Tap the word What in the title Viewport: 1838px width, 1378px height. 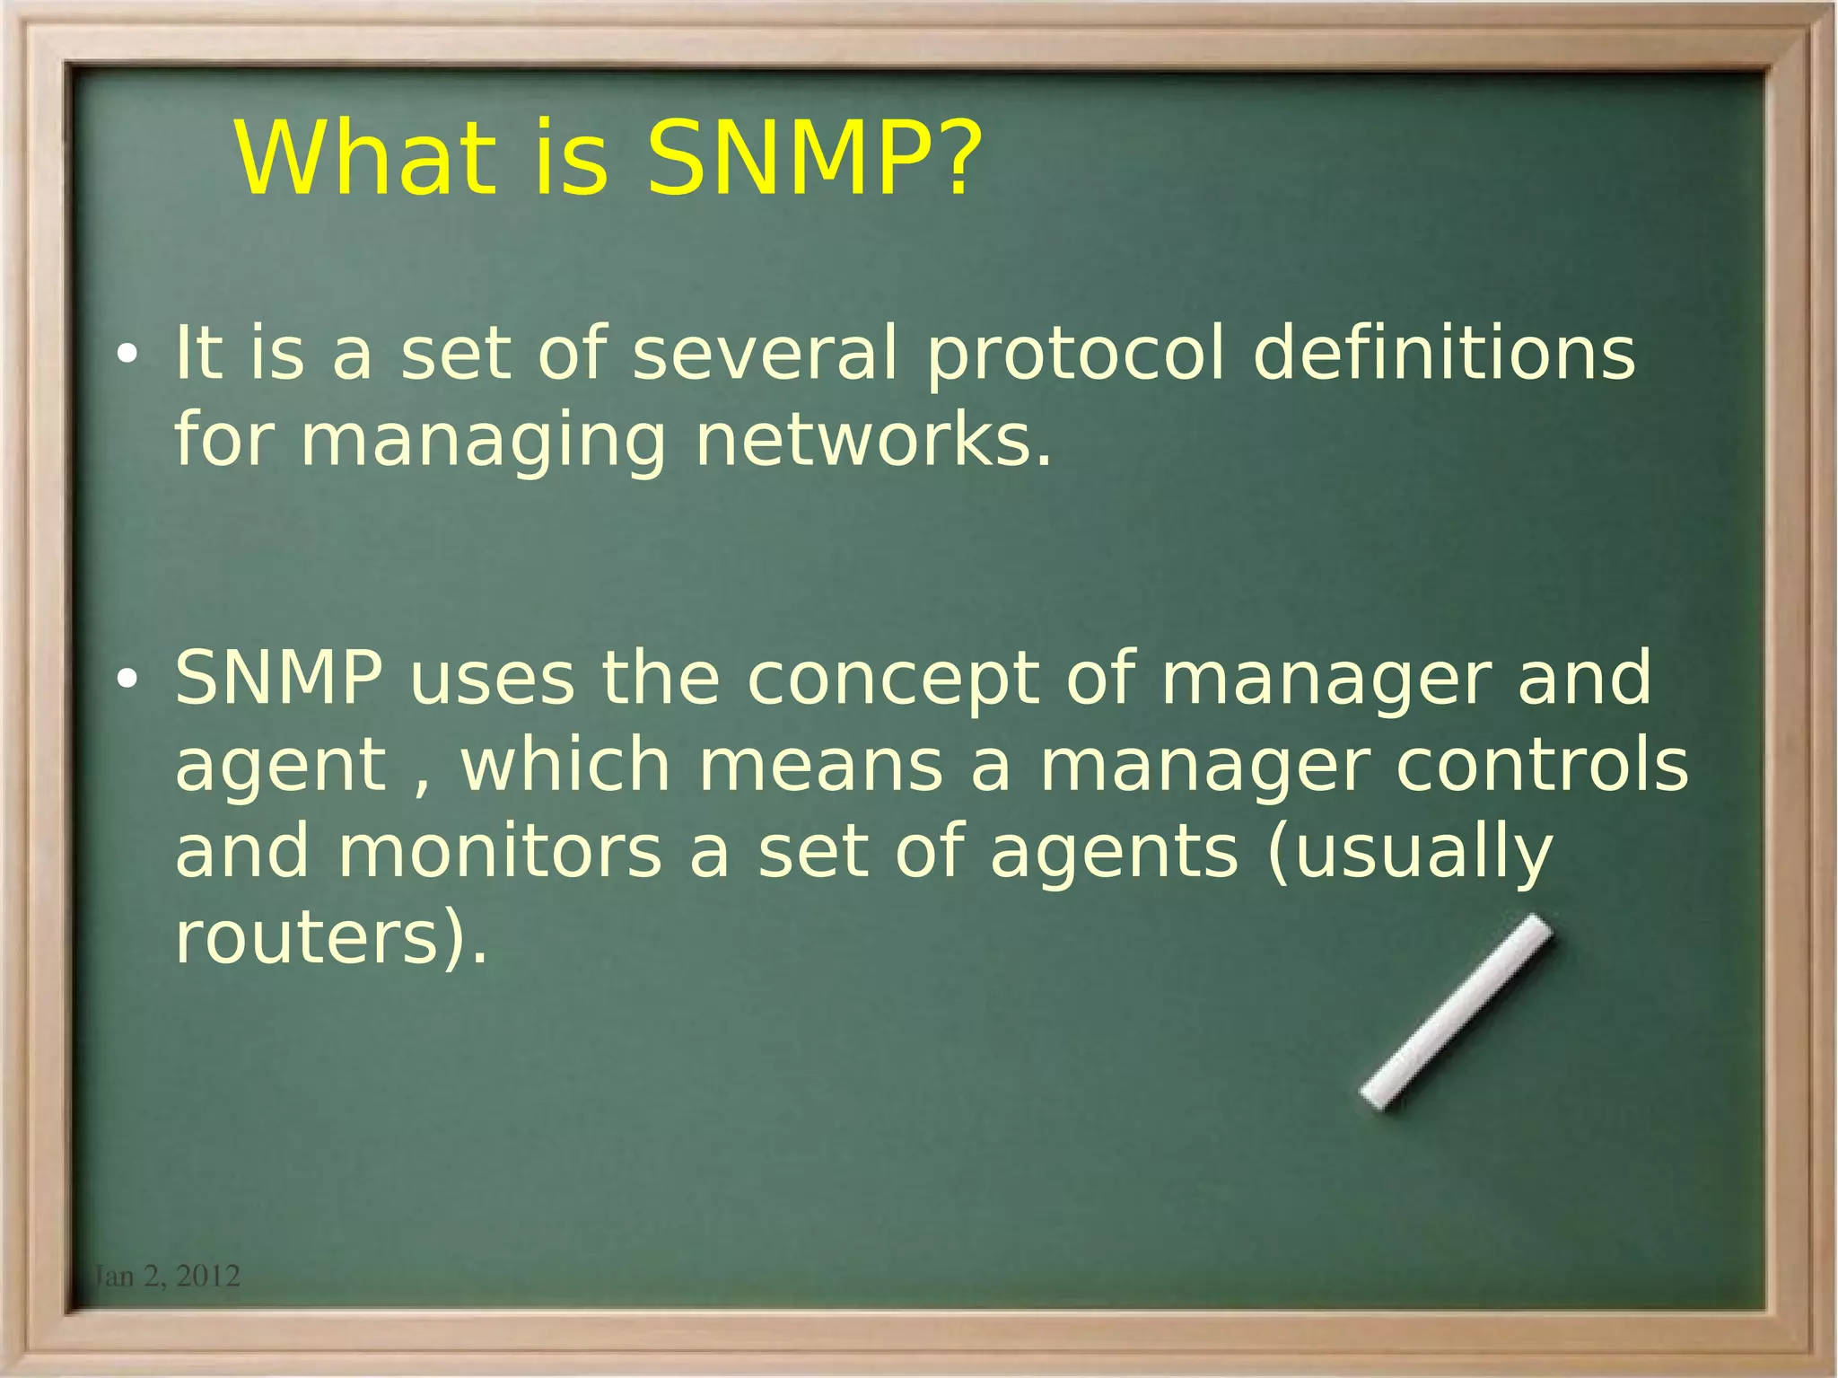click(365, 159)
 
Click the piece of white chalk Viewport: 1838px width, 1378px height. click(1456, 1012)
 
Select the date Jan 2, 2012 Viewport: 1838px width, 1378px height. click(167, 1276)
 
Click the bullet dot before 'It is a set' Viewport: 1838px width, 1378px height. click(127, 355)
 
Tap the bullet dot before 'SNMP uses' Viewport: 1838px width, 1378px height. click(127, 680)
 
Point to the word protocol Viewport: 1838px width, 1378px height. click(1074, 355)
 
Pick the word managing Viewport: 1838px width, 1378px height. click(483, 443)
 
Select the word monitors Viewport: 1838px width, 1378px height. click(500, 852)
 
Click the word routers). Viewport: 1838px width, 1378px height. click(331, 939)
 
